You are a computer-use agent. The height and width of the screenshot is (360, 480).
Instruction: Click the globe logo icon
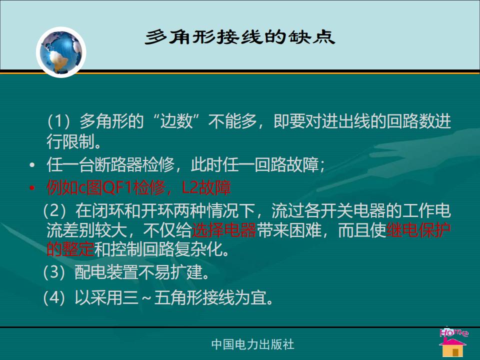click(61, 52)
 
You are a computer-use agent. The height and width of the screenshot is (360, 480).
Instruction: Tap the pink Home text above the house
click(453, 332)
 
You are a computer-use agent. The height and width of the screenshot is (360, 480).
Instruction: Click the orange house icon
click(453, 347)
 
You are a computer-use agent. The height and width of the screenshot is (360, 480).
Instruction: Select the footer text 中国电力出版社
click(253, 344)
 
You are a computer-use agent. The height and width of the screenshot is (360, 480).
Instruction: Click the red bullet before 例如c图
click(32, 187)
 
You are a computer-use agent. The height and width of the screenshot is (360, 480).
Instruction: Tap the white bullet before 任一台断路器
click(32, 165)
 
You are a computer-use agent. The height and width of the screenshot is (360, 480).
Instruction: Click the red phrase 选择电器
click(224, 230)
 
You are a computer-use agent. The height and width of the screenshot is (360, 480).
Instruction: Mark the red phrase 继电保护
click(419, 230)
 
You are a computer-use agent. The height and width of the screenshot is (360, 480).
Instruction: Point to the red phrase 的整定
click(70, 249)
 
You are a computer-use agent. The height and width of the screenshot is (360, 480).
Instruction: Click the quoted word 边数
click(176, 121)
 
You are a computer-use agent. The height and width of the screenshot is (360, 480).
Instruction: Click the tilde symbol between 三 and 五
click(146, 298)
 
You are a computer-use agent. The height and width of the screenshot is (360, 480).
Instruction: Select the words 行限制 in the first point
click(70, 141)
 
